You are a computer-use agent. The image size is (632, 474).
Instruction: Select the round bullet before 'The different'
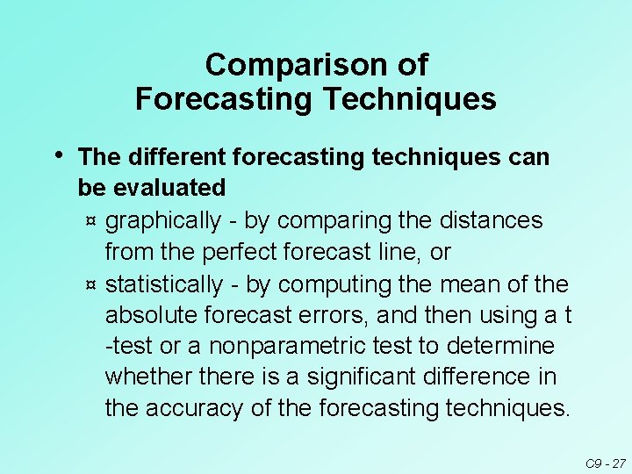pos(57,155)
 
